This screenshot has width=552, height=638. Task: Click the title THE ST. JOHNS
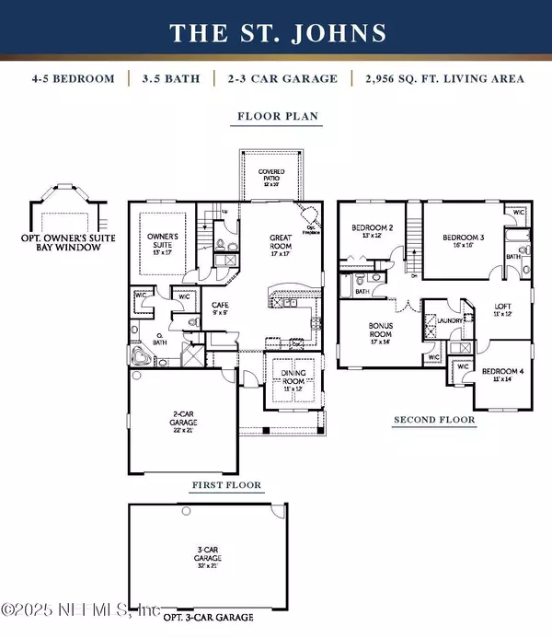coord(276,34)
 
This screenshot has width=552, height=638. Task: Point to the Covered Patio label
coord(270,177)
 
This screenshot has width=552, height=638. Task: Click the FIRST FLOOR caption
coord(226,484)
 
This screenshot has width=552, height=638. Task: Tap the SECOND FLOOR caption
coord(434,420)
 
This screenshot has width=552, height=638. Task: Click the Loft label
coord(501,309)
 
